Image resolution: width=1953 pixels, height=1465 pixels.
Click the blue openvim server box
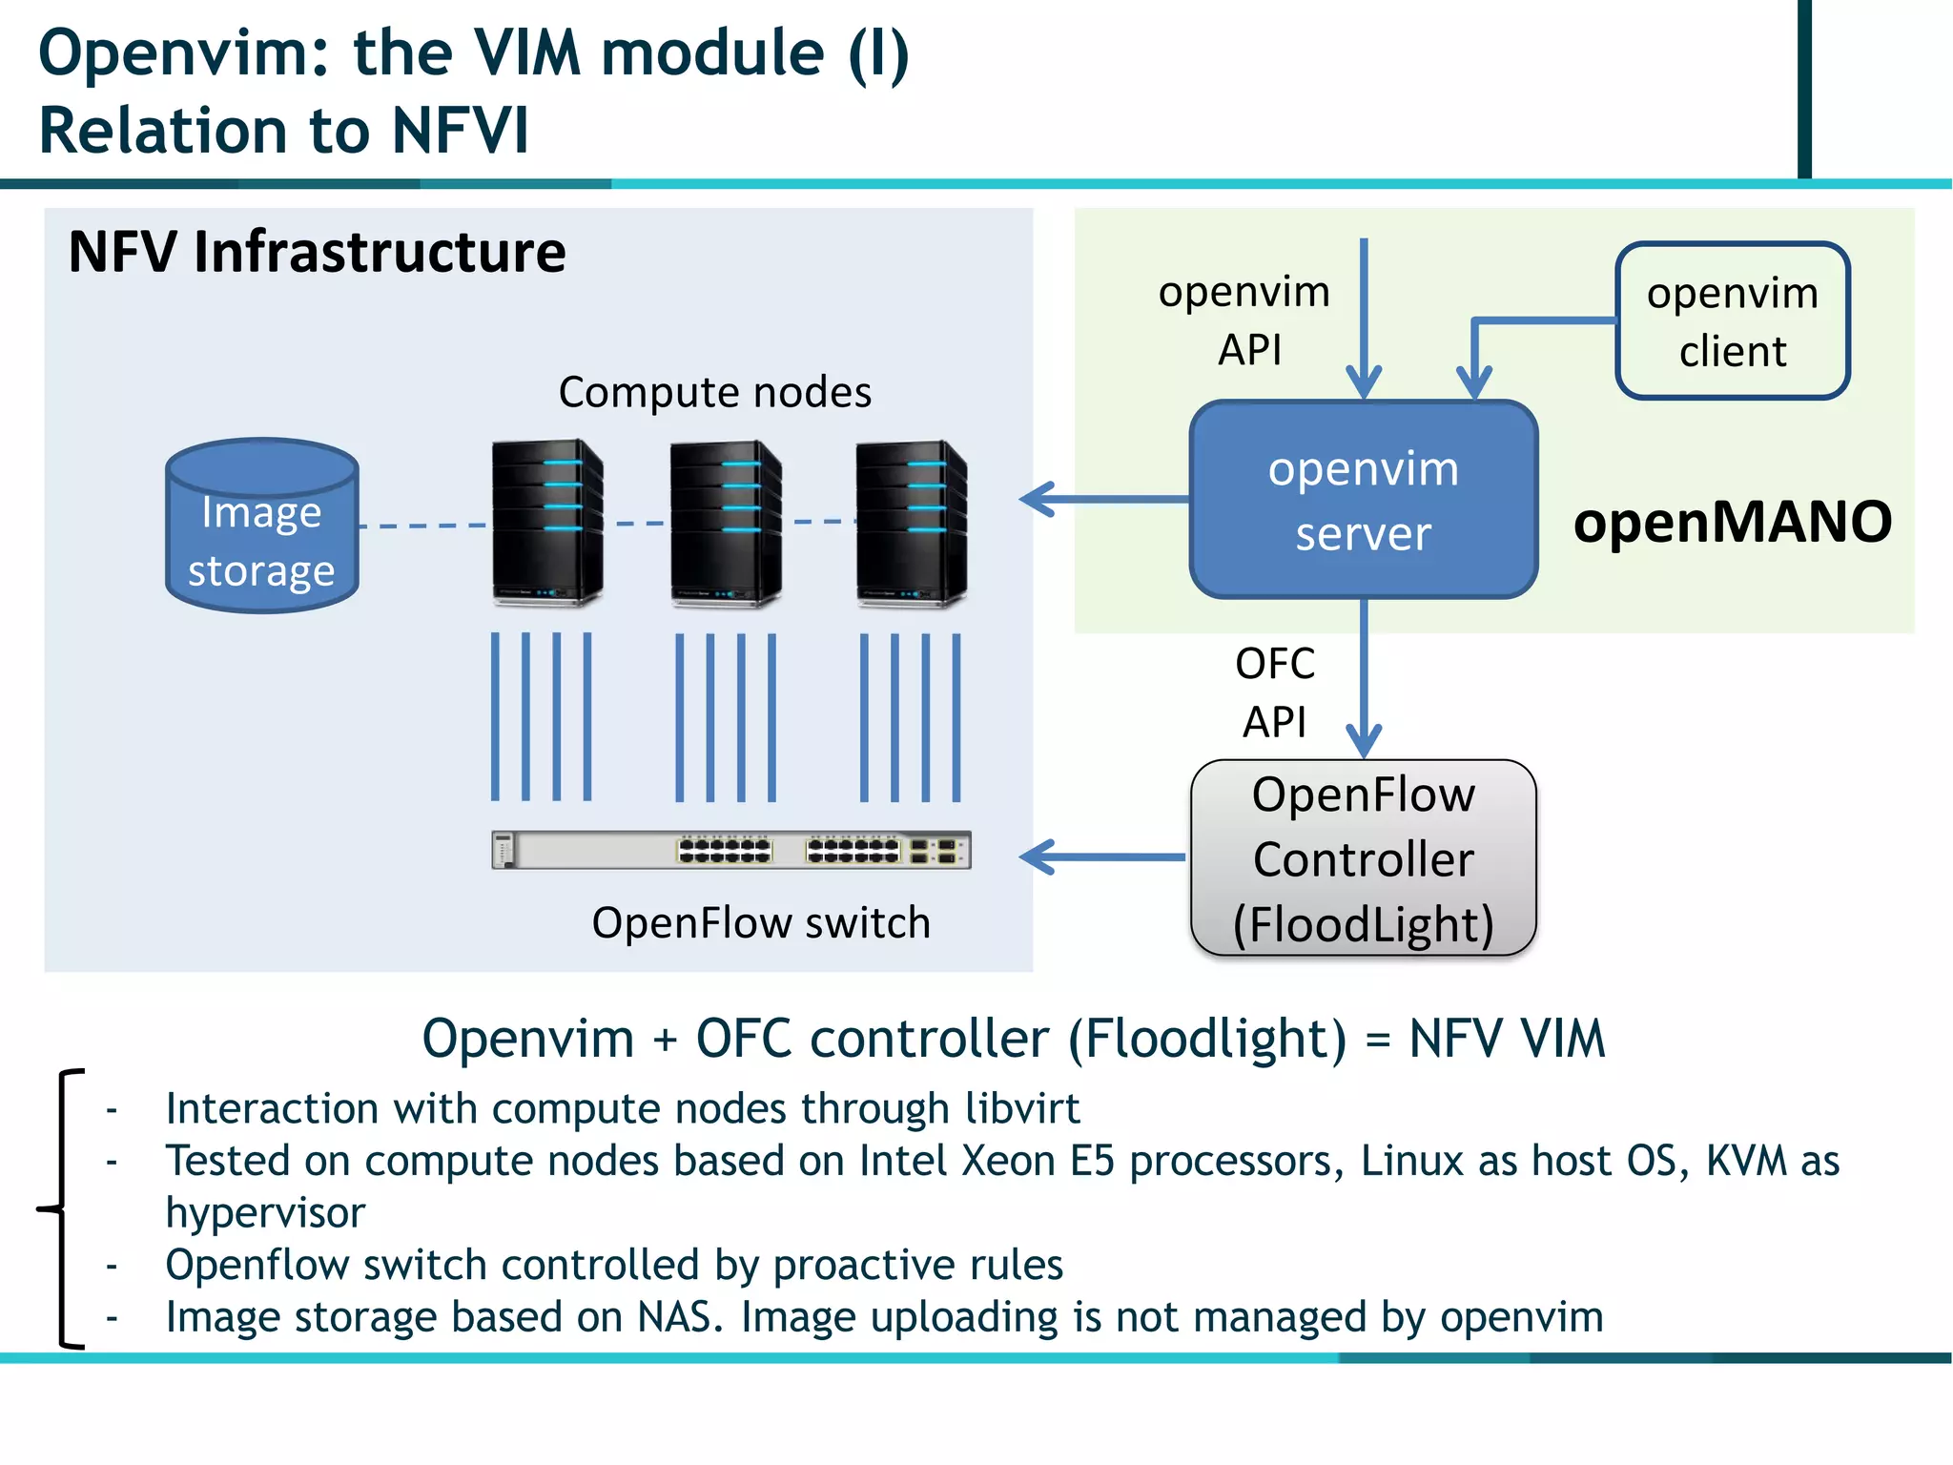(x=1363, y=500)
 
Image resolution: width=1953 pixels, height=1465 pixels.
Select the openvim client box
(x=1732, y=321)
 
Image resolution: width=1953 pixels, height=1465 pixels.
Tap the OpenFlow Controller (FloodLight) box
(x=1363, y=858)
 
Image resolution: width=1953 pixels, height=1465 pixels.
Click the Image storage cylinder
(x=261, y=526)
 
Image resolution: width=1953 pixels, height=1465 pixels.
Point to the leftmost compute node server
(x=546, y=523)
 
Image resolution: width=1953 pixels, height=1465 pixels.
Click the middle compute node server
(x=726, y=523)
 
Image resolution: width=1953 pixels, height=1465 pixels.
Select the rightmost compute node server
(x=911, y=523)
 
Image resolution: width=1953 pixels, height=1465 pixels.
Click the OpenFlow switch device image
(x=731, y=849)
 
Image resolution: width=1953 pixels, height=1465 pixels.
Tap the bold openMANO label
(x=1732, y=522)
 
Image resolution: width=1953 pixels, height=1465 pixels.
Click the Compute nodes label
(x=714, y=392)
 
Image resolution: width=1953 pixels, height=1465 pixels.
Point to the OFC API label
(x=1274, y=692)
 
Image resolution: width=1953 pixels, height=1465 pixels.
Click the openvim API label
(x=1244, y=320)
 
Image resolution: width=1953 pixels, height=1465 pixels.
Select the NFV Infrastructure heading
(x=317, y=253)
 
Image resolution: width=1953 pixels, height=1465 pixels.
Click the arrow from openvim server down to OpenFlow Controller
(x=1364, y=677)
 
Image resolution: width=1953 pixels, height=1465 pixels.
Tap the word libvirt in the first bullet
(x=1021, y=1108)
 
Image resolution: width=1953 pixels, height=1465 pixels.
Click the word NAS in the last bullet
(x=675, y=1317)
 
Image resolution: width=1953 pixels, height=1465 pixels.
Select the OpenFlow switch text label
(x=760, y=923)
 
